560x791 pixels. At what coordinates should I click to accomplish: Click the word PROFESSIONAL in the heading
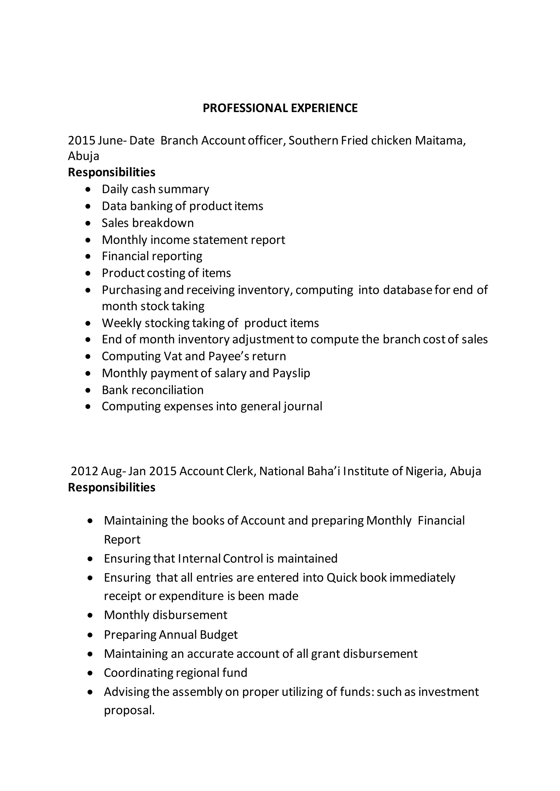tap(246, 108)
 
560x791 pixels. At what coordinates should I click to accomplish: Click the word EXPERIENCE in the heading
tap(324, 108)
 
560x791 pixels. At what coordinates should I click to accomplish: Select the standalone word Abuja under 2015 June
tap(83, 156)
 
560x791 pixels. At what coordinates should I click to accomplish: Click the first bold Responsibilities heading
tap(111, 172)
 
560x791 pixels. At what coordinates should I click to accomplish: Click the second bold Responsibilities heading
tap(111, 488)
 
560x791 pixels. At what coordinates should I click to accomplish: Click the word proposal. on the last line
tap(129, 710)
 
